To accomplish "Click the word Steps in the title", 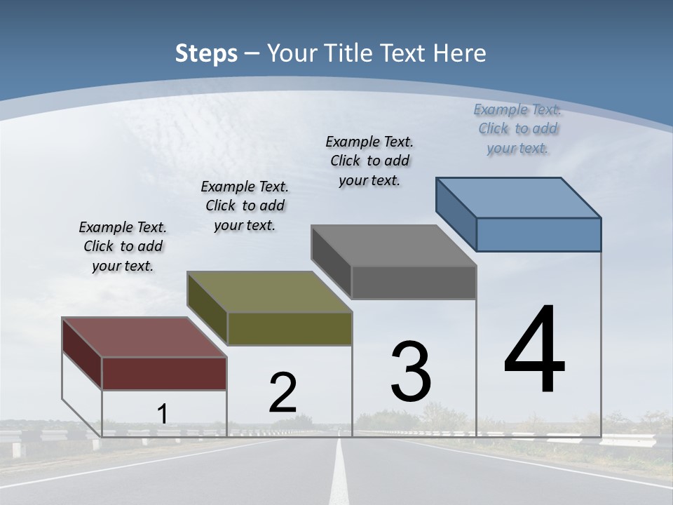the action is click(x=206, y=53).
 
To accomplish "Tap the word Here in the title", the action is click(x=461, y=53).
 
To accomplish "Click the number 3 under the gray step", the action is click(x=411, y=372).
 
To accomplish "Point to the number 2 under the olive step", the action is click(x=283, y=393).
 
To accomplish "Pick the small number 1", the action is click(x=162, y=415).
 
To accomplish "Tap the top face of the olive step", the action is click(x=269, y=292).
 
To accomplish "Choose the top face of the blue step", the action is click(x=519, y=197).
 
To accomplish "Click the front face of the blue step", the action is click(x=538, y=234).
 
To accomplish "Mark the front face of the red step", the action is click(x=164, y=373).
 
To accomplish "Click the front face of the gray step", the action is click(x=414, y=283).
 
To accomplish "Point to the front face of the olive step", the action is click(x=289, y=328).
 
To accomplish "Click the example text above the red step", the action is click(x=123, y=246).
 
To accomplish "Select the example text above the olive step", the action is click(x=245, y=206).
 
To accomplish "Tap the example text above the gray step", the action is click(x=369, y=161).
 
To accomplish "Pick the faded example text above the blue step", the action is click(x=517, y=128).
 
